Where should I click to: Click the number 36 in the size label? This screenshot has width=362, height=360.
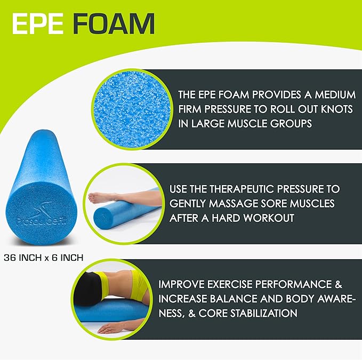tap(10, 257)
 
